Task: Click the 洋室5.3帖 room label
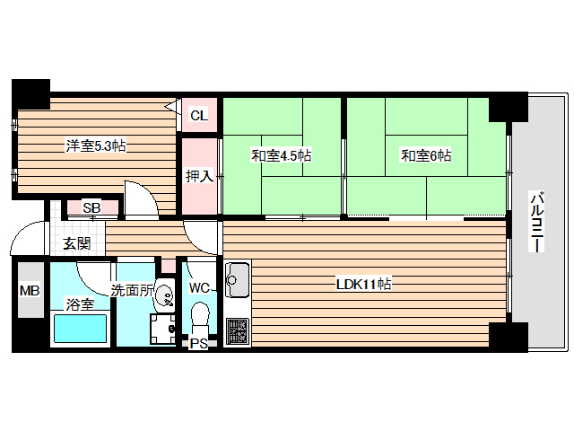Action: [93, 145]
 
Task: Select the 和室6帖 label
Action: [425, 155]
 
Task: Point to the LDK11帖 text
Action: [363, 285]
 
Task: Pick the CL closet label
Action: [199, 115]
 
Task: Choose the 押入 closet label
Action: [199, 176]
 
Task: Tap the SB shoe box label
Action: [91, 208]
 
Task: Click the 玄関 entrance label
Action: [76, 243]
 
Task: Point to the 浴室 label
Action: [79, 304]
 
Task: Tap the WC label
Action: [199, 288]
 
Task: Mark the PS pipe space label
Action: [198, 343]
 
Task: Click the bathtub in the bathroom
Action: [81, 330]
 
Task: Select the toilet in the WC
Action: [200, 319]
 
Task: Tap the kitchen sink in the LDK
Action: [238, 281]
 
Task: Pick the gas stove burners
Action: [238, 331]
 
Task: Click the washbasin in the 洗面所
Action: [164, 294]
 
